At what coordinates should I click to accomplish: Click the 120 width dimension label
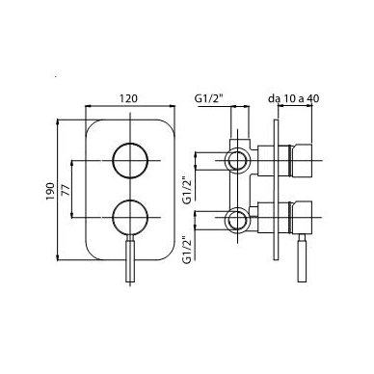tap(128, 98)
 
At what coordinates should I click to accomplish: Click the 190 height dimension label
tap(50, 192)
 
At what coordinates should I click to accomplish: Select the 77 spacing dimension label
tap(66, 189)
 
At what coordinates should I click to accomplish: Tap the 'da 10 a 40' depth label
tap(294, 98)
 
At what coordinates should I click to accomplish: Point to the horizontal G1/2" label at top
tap(209, 98)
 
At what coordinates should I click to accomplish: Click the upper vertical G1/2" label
tap(187, 190)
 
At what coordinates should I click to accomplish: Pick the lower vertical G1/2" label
tap(187, 250)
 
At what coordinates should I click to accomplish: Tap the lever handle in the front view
tap(130, 258)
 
